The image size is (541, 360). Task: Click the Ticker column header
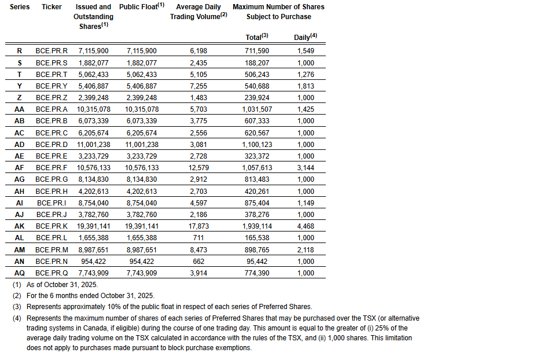tap(52, 7)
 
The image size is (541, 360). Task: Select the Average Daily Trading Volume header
tap(198, 12)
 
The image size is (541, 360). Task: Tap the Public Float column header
tap(142, 7)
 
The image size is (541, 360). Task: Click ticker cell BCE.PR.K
tap(51, 226)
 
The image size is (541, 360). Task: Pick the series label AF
tap(20, 167)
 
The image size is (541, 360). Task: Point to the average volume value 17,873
tap(198, 226)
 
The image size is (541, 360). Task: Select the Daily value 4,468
tap(306, 226)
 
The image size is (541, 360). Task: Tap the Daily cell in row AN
tap(306, 261)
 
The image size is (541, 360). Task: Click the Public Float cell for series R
tap(142, 51)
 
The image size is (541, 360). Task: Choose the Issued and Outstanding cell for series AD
tap(93, 144)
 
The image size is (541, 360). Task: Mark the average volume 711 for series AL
tap(198, 237)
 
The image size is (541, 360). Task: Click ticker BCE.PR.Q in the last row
tap(51, 273)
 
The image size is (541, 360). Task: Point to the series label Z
tap(20, 97)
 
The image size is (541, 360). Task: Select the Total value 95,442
tap(257, 261)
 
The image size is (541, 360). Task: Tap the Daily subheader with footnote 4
tap(306, 36)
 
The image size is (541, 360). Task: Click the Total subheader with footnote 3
tap(256, 36)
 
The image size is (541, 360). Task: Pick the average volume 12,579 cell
tap(198, 167)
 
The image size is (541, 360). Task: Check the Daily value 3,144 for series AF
tap(306, 167)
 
